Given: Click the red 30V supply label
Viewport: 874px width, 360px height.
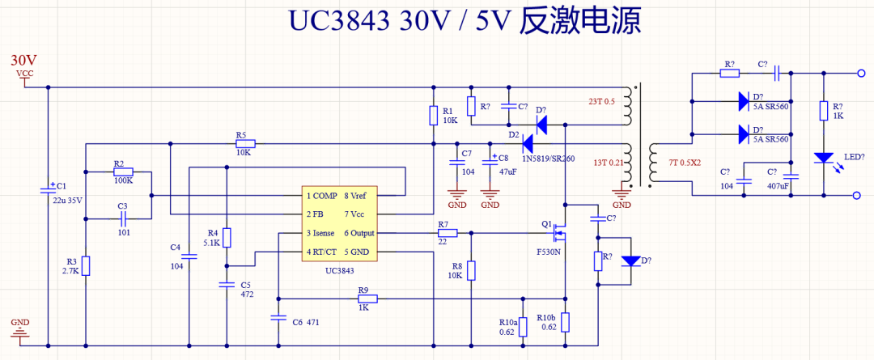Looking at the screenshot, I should (x=23, y=61).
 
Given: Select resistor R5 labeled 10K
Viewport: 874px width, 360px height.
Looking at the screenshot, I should (x=243, y=145).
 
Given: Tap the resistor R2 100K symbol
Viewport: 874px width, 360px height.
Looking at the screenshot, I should (x=123, y=172).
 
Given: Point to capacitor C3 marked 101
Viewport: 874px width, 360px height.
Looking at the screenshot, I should (x=122, y=218).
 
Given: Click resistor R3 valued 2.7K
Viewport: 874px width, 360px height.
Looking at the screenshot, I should (x=86, y=265).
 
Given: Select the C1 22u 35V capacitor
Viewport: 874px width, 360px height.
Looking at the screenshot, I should (x=47, y=191).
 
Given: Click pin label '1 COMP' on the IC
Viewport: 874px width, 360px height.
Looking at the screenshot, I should (x=321, y=196).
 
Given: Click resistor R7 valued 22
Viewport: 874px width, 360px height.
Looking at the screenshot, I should (x=447, y=233).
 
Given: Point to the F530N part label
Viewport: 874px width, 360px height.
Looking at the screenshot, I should (x=549, y=252).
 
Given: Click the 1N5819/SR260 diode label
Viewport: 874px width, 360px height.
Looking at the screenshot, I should (x=548, y=159).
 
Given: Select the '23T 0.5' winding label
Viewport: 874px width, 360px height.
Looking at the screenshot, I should (x=601, y=101).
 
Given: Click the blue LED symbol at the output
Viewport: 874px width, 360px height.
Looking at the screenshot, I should (x=824, y=159).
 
